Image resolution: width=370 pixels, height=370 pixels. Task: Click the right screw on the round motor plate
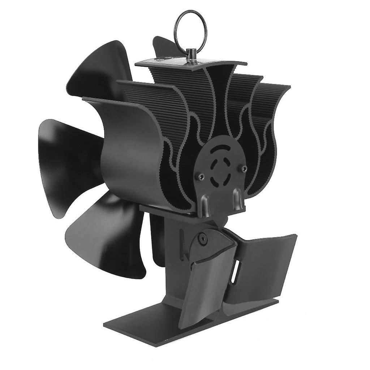coord(244,168)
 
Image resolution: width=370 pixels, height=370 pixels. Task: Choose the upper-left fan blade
coord(98,72)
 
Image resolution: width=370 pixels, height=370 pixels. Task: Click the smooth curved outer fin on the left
coord(123,152)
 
